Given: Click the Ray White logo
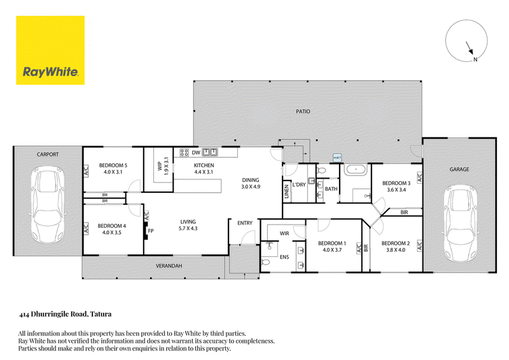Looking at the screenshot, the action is [x=50, y=50].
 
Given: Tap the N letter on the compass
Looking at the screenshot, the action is [x=475, y=59].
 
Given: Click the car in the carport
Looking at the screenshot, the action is [x=47, y=205].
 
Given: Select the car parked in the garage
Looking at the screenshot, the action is [x=460, y=224].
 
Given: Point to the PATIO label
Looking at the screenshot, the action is [x=303, y=111].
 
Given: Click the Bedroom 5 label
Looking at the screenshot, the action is [x=113, y=165].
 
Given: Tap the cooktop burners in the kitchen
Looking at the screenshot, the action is [x=185, y=152].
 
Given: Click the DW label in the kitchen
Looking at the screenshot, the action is [x=196, y=153].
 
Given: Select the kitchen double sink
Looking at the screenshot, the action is [x=210, y=152].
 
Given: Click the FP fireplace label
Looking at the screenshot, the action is [x=151, y=231].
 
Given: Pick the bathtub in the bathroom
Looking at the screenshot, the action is [x=356, y=170].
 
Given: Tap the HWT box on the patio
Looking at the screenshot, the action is [x=337, y=158].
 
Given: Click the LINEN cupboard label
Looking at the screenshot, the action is [x=286, y=191].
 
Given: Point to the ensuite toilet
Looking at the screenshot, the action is [x=265, y=261].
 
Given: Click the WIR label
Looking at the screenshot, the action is [x=284, y=233].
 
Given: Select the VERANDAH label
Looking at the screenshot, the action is [x=169, y=266].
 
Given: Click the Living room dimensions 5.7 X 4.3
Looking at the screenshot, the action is [x=188, y=228].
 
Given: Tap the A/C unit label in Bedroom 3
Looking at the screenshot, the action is [x=419, y=178].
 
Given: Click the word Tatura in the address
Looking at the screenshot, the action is [x=101, y=314].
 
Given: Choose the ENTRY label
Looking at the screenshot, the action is [x=245, y=223].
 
